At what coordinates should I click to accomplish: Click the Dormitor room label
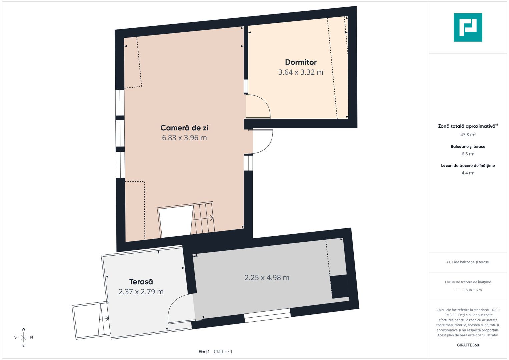point(301,62)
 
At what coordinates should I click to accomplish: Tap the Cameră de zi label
point(184,128)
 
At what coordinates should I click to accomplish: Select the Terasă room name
point(141,282)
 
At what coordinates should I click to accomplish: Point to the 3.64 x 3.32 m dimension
point(301,72)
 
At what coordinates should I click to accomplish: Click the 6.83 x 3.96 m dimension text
point(184,138)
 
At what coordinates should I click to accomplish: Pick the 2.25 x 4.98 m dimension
point(267,278)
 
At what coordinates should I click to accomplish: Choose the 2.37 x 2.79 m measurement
point(141,292)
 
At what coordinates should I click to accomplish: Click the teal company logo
point(468,27)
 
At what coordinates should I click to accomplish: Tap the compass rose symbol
point(23,337)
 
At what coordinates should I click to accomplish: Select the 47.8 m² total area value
point(468,135)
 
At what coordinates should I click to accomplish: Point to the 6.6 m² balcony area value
point(468,154)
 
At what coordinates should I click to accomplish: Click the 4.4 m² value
point(468,173)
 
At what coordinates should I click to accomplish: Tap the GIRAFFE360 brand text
point(468,345)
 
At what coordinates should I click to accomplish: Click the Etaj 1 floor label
point(204,352)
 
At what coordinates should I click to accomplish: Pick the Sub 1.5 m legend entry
point(473,290)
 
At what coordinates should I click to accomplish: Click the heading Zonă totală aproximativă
point(466,126)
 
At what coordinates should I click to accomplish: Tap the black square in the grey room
point(339,287)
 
